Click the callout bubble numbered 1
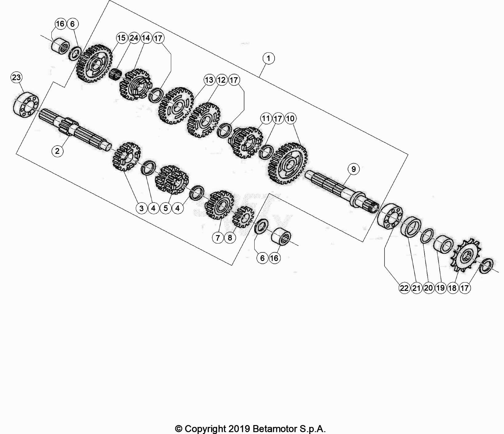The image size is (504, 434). [268, 58]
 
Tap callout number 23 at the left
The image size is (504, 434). [16, 78]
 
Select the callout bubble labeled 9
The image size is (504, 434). [353, 169]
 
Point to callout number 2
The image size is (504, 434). [57, 151]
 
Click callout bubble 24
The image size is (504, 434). [134, 38]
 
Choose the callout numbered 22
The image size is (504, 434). [404, 288]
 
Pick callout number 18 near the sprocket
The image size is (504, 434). [452, 288]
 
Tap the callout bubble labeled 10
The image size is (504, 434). [290, 119]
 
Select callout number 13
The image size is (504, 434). [209, 80]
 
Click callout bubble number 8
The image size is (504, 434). [230, 238]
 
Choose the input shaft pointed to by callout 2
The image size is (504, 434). [74, 129]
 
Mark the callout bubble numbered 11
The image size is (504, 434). [266, 119]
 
